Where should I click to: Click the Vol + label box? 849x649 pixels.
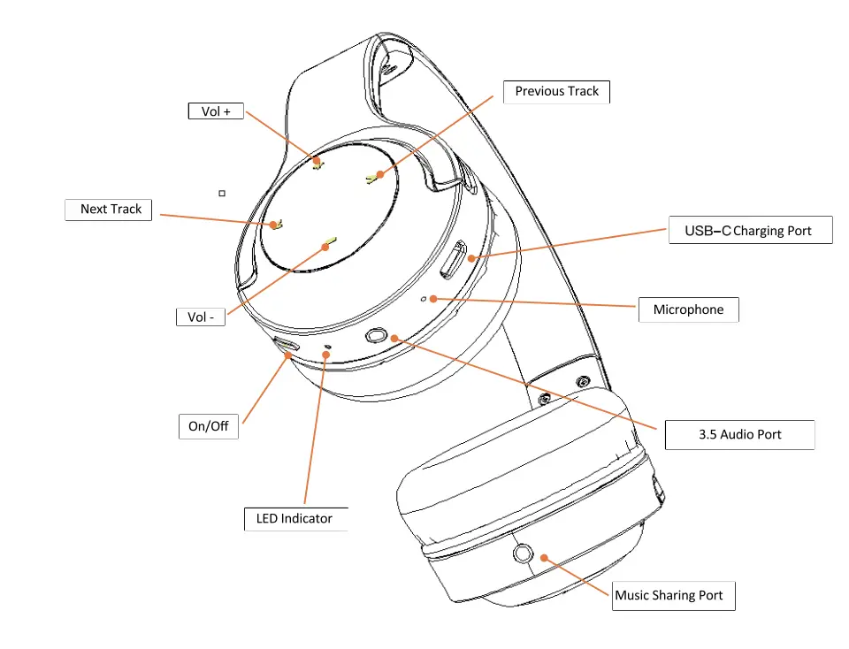216,111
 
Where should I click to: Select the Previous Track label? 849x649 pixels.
556,91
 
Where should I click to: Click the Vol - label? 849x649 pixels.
201,317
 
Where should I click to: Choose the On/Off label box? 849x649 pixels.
208,426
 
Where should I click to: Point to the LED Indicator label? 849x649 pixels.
294,518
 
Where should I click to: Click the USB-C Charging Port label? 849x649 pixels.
749,231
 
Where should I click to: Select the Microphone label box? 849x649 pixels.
688,309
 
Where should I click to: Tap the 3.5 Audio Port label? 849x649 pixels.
738,434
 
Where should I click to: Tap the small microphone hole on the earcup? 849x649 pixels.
424,300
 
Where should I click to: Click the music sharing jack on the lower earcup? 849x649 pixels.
522,554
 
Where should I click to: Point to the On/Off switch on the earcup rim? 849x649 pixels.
285,345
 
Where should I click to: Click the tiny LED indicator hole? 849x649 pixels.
329,347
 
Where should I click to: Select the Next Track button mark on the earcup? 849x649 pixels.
275,225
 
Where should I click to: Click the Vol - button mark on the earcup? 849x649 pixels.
331,240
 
